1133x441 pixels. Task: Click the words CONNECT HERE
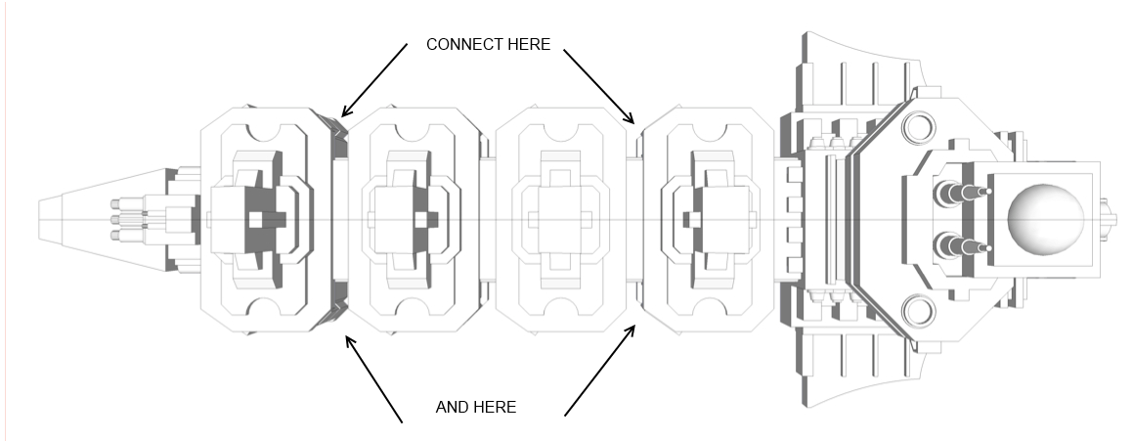pos(488,45)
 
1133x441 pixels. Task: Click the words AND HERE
pos(475,407)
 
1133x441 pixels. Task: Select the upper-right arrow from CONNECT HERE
pos(600,87)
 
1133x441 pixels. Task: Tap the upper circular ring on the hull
pos(919,127)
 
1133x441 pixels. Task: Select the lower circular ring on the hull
pos(919,311)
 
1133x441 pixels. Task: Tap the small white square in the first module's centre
pos(255,220)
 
